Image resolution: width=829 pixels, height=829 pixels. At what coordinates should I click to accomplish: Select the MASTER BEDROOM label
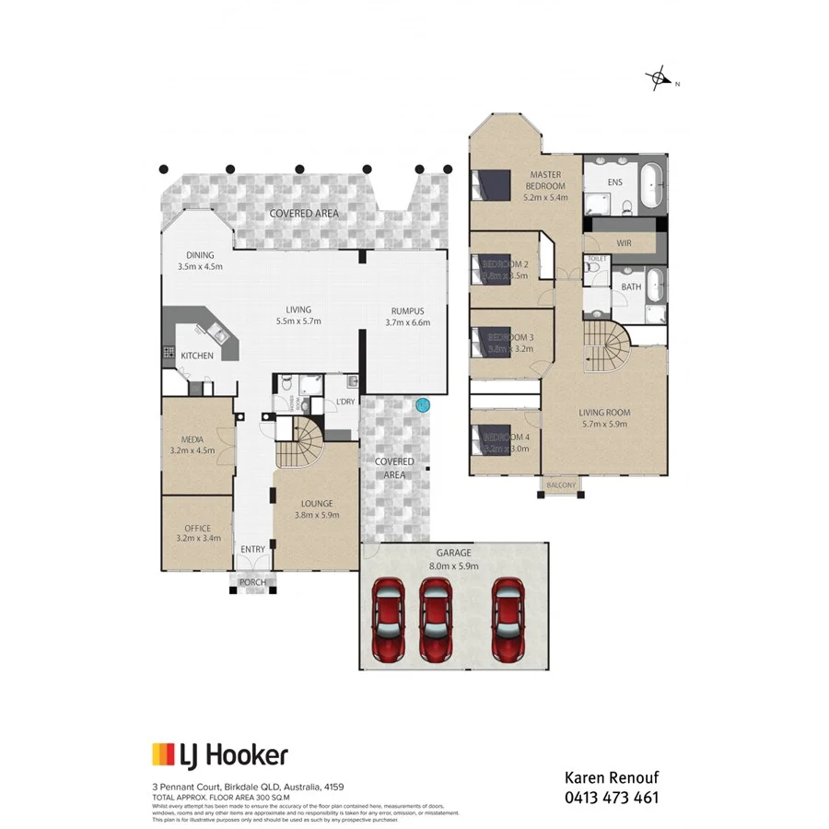(545, 180)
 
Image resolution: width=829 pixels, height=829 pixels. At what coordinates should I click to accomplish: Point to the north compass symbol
(660, 81)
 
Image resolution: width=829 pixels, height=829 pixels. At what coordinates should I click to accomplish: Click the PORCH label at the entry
(252, 581)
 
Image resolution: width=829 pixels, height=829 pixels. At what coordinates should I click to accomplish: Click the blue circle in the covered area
(423, 403)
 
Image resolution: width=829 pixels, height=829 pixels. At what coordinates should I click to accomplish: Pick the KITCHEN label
(197, 356)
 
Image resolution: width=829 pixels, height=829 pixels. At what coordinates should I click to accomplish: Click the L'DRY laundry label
(345, 402)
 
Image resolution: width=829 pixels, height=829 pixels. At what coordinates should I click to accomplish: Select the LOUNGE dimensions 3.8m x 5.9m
(316, 516)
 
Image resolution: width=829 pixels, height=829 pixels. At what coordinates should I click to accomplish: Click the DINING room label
(200, 255)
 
